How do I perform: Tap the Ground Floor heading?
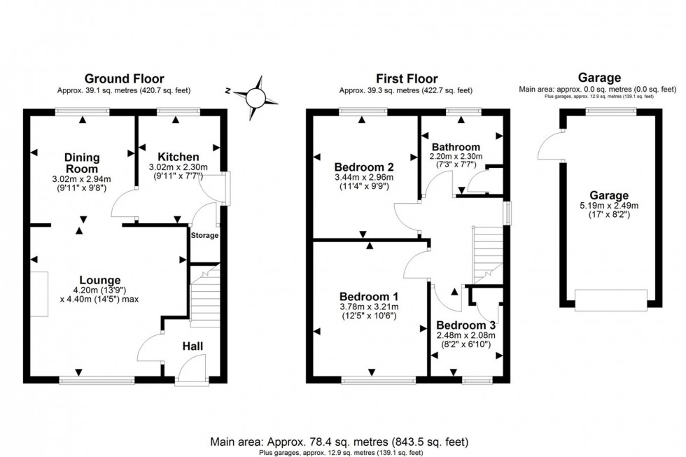point(125,79)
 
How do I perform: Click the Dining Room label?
point(83,163)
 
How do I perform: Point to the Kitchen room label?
point(178,156)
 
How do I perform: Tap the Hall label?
point(193,346)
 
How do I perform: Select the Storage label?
point(204,235)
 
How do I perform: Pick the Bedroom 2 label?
point(363,167)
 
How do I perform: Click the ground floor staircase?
point(204,294)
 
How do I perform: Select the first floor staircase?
point(489,252)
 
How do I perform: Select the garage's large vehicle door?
point(610,300)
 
